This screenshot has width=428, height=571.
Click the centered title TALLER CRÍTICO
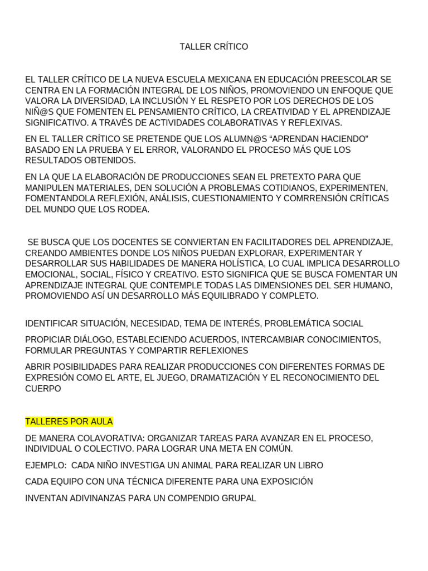click(214, 47)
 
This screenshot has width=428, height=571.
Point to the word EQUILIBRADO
click(216, 296)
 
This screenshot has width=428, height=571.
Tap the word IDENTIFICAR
click(51, 323)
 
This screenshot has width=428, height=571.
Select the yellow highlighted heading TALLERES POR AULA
click(69, 422)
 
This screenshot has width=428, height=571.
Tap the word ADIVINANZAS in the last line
click(95, 498)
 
